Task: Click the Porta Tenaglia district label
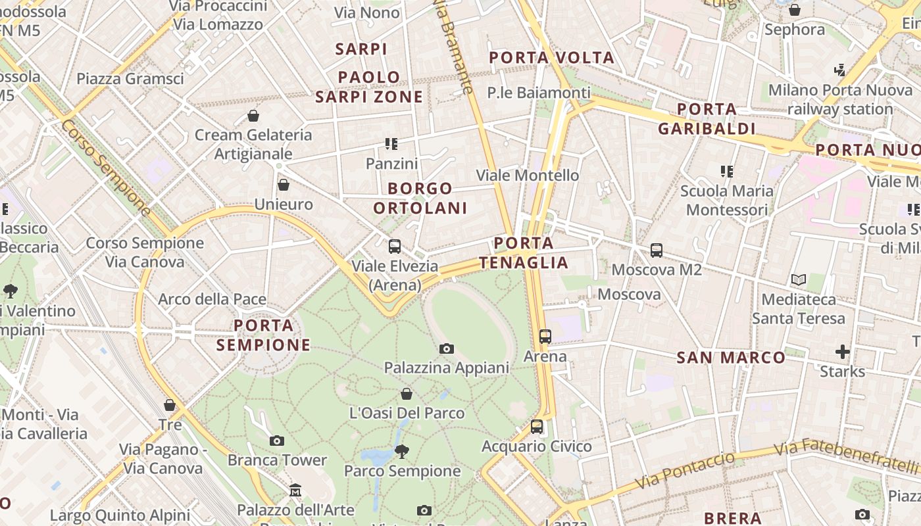(524, 253)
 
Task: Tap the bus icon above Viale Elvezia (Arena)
(395, 247)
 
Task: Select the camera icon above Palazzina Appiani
(447, 348)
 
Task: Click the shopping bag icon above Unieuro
(284, 185)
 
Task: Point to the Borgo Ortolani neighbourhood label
(420, 198)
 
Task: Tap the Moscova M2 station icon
(657, 250)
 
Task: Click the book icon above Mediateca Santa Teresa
(799, 280)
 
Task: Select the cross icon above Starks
(843, 351)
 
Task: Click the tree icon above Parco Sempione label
(402, 451)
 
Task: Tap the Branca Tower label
(277, 460)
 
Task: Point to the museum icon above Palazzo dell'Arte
(295, 490)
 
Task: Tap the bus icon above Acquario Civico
(537, 427)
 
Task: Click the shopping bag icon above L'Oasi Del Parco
(407, 394)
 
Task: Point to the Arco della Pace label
(212, 299)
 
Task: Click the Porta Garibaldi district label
(706, 118)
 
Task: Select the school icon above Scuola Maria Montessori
(727, 172)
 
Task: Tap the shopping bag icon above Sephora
(795, 10)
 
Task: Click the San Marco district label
(731, 358)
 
